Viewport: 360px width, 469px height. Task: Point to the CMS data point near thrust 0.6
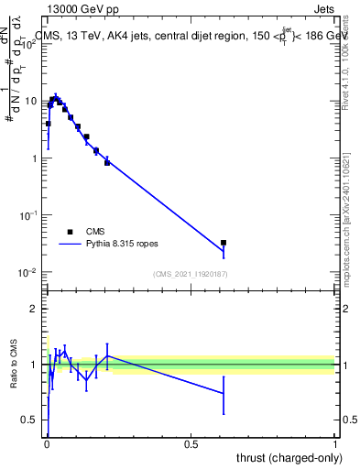pyautogui.click(x=224, y=243)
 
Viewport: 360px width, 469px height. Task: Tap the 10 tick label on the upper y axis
pyautogui.click(x=33, y=101)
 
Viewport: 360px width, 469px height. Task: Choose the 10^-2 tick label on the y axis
pyautogui.click(x=30, y=273)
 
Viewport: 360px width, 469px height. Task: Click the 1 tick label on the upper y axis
pyautogui.click(x=36, y=158)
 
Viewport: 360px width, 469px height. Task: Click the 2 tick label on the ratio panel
pyautogui.click(x=37, y=309)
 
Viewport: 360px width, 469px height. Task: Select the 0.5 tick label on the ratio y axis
pyautogui.click(x=32, y=420)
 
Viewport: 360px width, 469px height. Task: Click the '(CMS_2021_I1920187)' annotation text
pyautogui.click(x=190, y=274)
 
